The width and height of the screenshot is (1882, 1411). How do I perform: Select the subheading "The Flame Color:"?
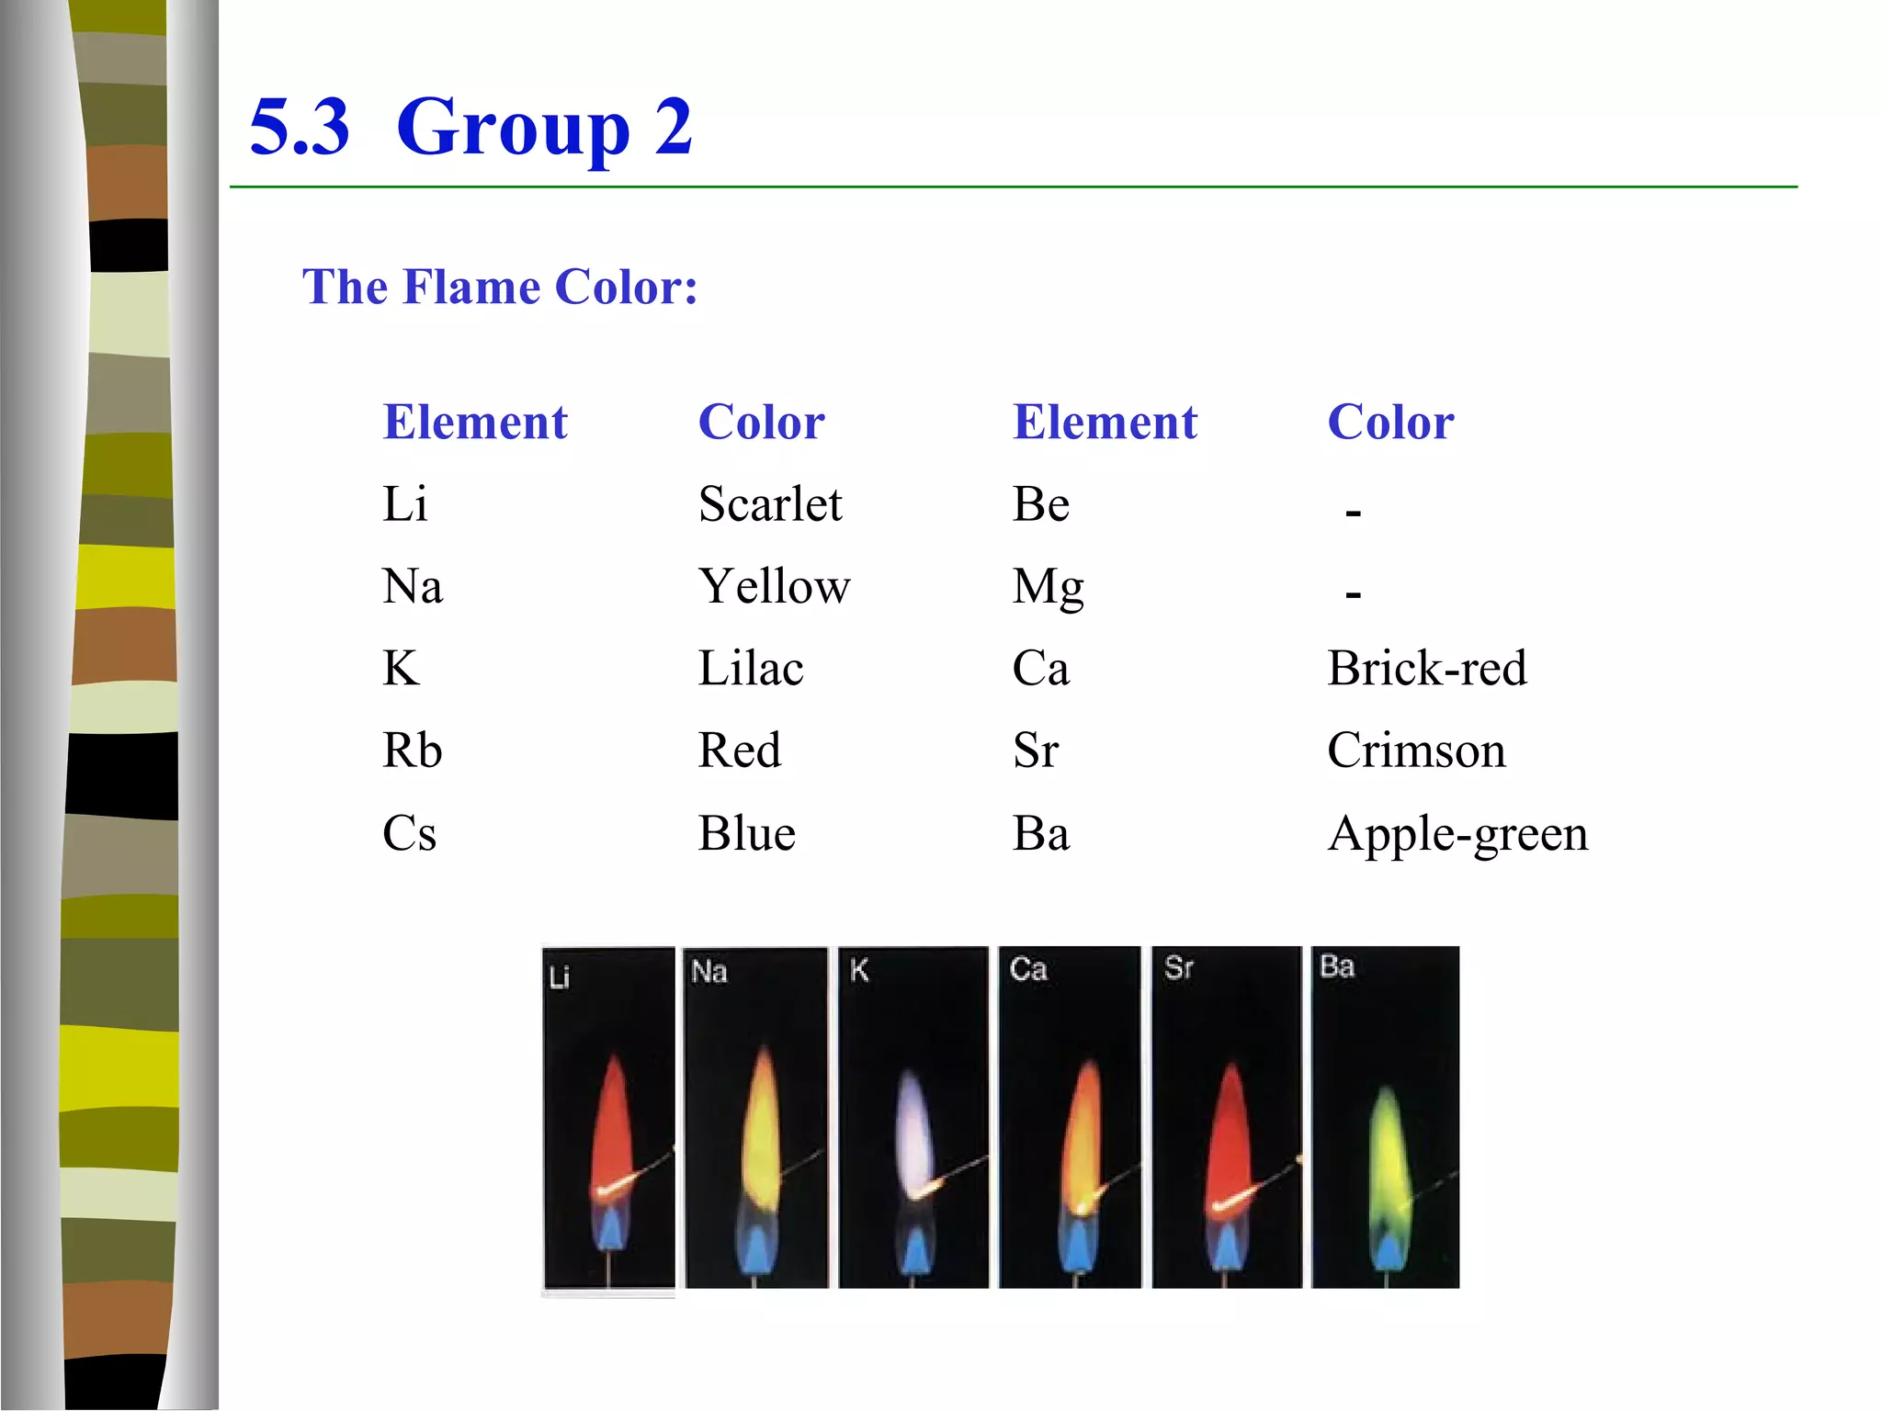[500, 287]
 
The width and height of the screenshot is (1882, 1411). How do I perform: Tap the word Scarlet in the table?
[769, 504]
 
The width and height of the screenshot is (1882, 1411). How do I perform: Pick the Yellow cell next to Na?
[774, 586]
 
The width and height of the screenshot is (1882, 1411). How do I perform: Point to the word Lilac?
[750, 668]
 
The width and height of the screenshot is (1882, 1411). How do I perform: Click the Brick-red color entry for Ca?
[1426, 668]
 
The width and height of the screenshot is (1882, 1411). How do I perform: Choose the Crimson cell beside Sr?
[1416, 751]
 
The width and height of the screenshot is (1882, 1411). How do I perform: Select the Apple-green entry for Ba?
[1457, 834]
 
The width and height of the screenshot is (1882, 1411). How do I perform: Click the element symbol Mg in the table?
[1048, 587]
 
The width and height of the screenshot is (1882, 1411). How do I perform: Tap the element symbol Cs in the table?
[409, 834]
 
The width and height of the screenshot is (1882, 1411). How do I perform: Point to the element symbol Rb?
[412, 751]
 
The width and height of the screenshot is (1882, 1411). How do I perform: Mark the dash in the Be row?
[1353, 512]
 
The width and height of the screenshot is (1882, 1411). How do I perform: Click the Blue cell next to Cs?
[746, 834]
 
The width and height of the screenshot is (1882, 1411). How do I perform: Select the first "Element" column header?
[475, 423]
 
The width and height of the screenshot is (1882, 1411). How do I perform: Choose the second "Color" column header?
[1390, 423]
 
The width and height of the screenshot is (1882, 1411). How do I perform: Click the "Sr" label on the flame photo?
[1178, 967]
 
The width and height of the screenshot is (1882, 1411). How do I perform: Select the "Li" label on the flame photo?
[559, 976]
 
